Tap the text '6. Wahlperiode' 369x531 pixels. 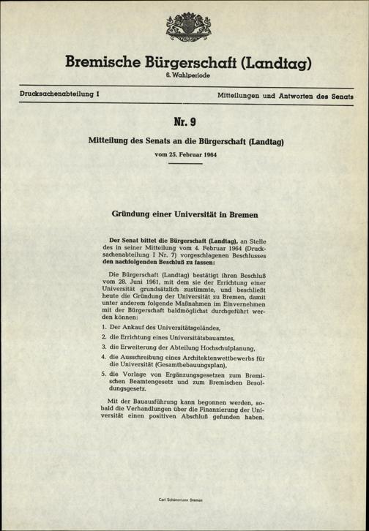(x=184, y=77)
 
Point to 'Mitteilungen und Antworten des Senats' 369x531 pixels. (x=286, y=96)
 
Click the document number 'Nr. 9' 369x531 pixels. (x=184, y=117)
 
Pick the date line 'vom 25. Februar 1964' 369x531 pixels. (x=184, y=155)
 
